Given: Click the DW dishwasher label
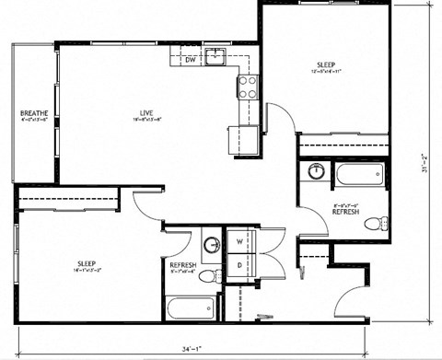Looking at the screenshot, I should point(191,60).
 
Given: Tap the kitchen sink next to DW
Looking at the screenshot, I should point(215,57).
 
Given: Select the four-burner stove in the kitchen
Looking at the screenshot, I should point(247,87).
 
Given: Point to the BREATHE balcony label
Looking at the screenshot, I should point(34,114).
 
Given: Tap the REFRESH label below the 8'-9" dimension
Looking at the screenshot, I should point(345,212).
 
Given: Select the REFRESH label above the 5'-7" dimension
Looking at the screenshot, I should point(183,264).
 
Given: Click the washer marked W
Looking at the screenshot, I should point(240,243).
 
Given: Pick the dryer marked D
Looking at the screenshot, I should point(240,265).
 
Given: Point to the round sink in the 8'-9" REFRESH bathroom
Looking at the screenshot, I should point(315,170).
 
